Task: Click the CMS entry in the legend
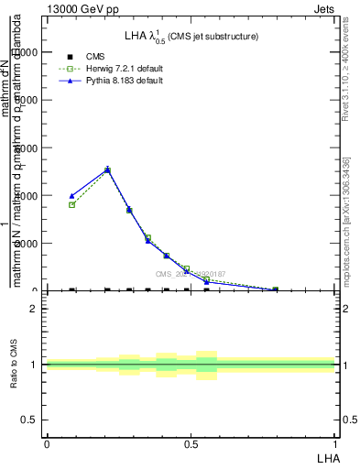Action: pyautogui.click(x=95, y=57)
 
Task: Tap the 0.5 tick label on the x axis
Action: pyautogui.click(x=191, y=443)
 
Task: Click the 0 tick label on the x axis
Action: pyautogui.click(x=47, y=443)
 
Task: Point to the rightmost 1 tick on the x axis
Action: pyautogui.click(x=335, y=443)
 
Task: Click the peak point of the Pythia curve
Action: pyautogui.click(x=107, y=169)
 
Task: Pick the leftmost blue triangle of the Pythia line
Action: pyautogui.click(x=71, y=196)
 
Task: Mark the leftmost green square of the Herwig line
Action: pyautogui.click(x=71, y=205)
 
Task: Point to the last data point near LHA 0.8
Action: pyautogui.click(x=275, y=289)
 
